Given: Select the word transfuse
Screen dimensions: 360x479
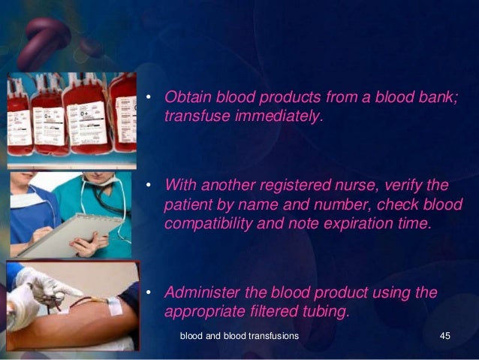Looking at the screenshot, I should (x=196, y=116).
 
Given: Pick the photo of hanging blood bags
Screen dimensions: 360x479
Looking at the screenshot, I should (x=71, y=120).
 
